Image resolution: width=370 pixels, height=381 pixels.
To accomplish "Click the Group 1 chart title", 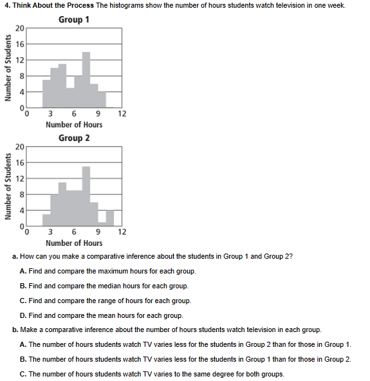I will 74,19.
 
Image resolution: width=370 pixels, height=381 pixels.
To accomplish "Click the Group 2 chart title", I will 74,138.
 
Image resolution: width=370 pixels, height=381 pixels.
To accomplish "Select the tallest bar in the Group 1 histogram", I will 86,80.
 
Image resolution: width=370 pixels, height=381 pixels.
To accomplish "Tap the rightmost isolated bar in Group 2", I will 110,218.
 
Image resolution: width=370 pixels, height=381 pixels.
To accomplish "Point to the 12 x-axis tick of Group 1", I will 122,114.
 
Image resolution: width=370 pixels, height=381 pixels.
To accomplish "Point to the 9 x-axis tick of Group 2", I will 98,232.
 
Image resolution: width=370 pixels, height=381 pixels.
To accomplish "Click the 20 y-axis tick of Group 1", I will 20,28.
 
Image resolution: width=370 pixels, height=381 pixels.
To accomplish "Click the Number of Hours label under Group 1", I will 74,124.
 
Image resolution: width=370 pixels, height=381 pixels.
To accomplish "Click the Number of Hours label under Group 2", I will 74,243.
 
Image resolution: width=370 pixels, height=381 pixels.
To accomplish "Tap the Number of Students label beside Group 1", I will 8,68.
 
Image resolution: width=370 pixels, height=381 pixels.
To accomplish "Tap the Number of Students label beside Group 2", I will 8,187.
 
